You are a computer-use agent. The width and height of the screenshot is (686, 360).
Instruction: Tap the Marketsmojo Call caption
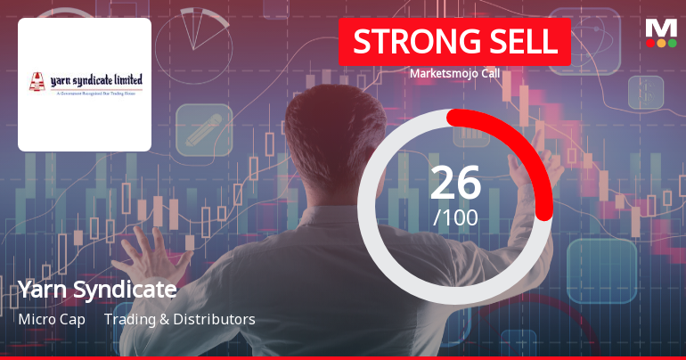click(454, 74)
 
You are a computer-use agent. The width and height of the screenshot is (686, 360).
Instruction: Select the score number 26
click(455, 183)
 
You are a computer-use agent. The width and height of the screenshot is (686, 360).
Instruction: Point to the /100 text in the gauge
click(455, 217)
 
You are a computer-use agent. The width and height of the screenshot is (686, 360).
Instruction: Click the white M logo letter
click(661, 27)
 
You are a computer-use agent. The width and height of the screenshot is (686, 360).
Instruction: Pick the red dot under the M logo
click(650, 43)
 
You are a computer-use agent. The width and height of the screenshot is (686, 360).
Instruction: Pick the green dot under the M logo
click(672, 43)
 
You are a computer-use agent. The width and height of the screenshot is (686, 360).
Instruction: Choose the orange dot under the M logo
click(661, 43)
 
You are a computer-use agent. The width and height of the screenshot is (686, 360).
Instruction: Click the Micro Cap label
click(52, 319)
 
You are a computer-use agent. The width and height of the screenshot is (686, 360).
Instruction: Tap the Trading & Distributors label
click(180, 319)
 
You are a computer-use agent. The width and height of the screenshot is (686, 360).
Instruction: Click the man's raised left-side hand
click(143, 254)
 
